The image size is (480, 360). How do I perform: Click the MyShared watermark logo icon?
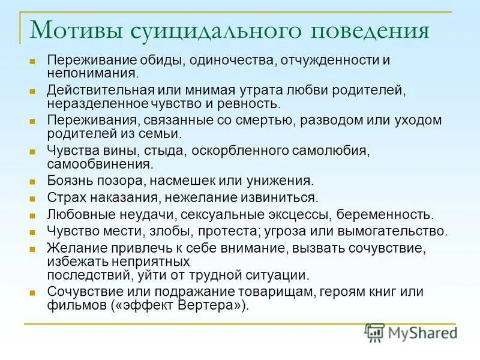[375, 332]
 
